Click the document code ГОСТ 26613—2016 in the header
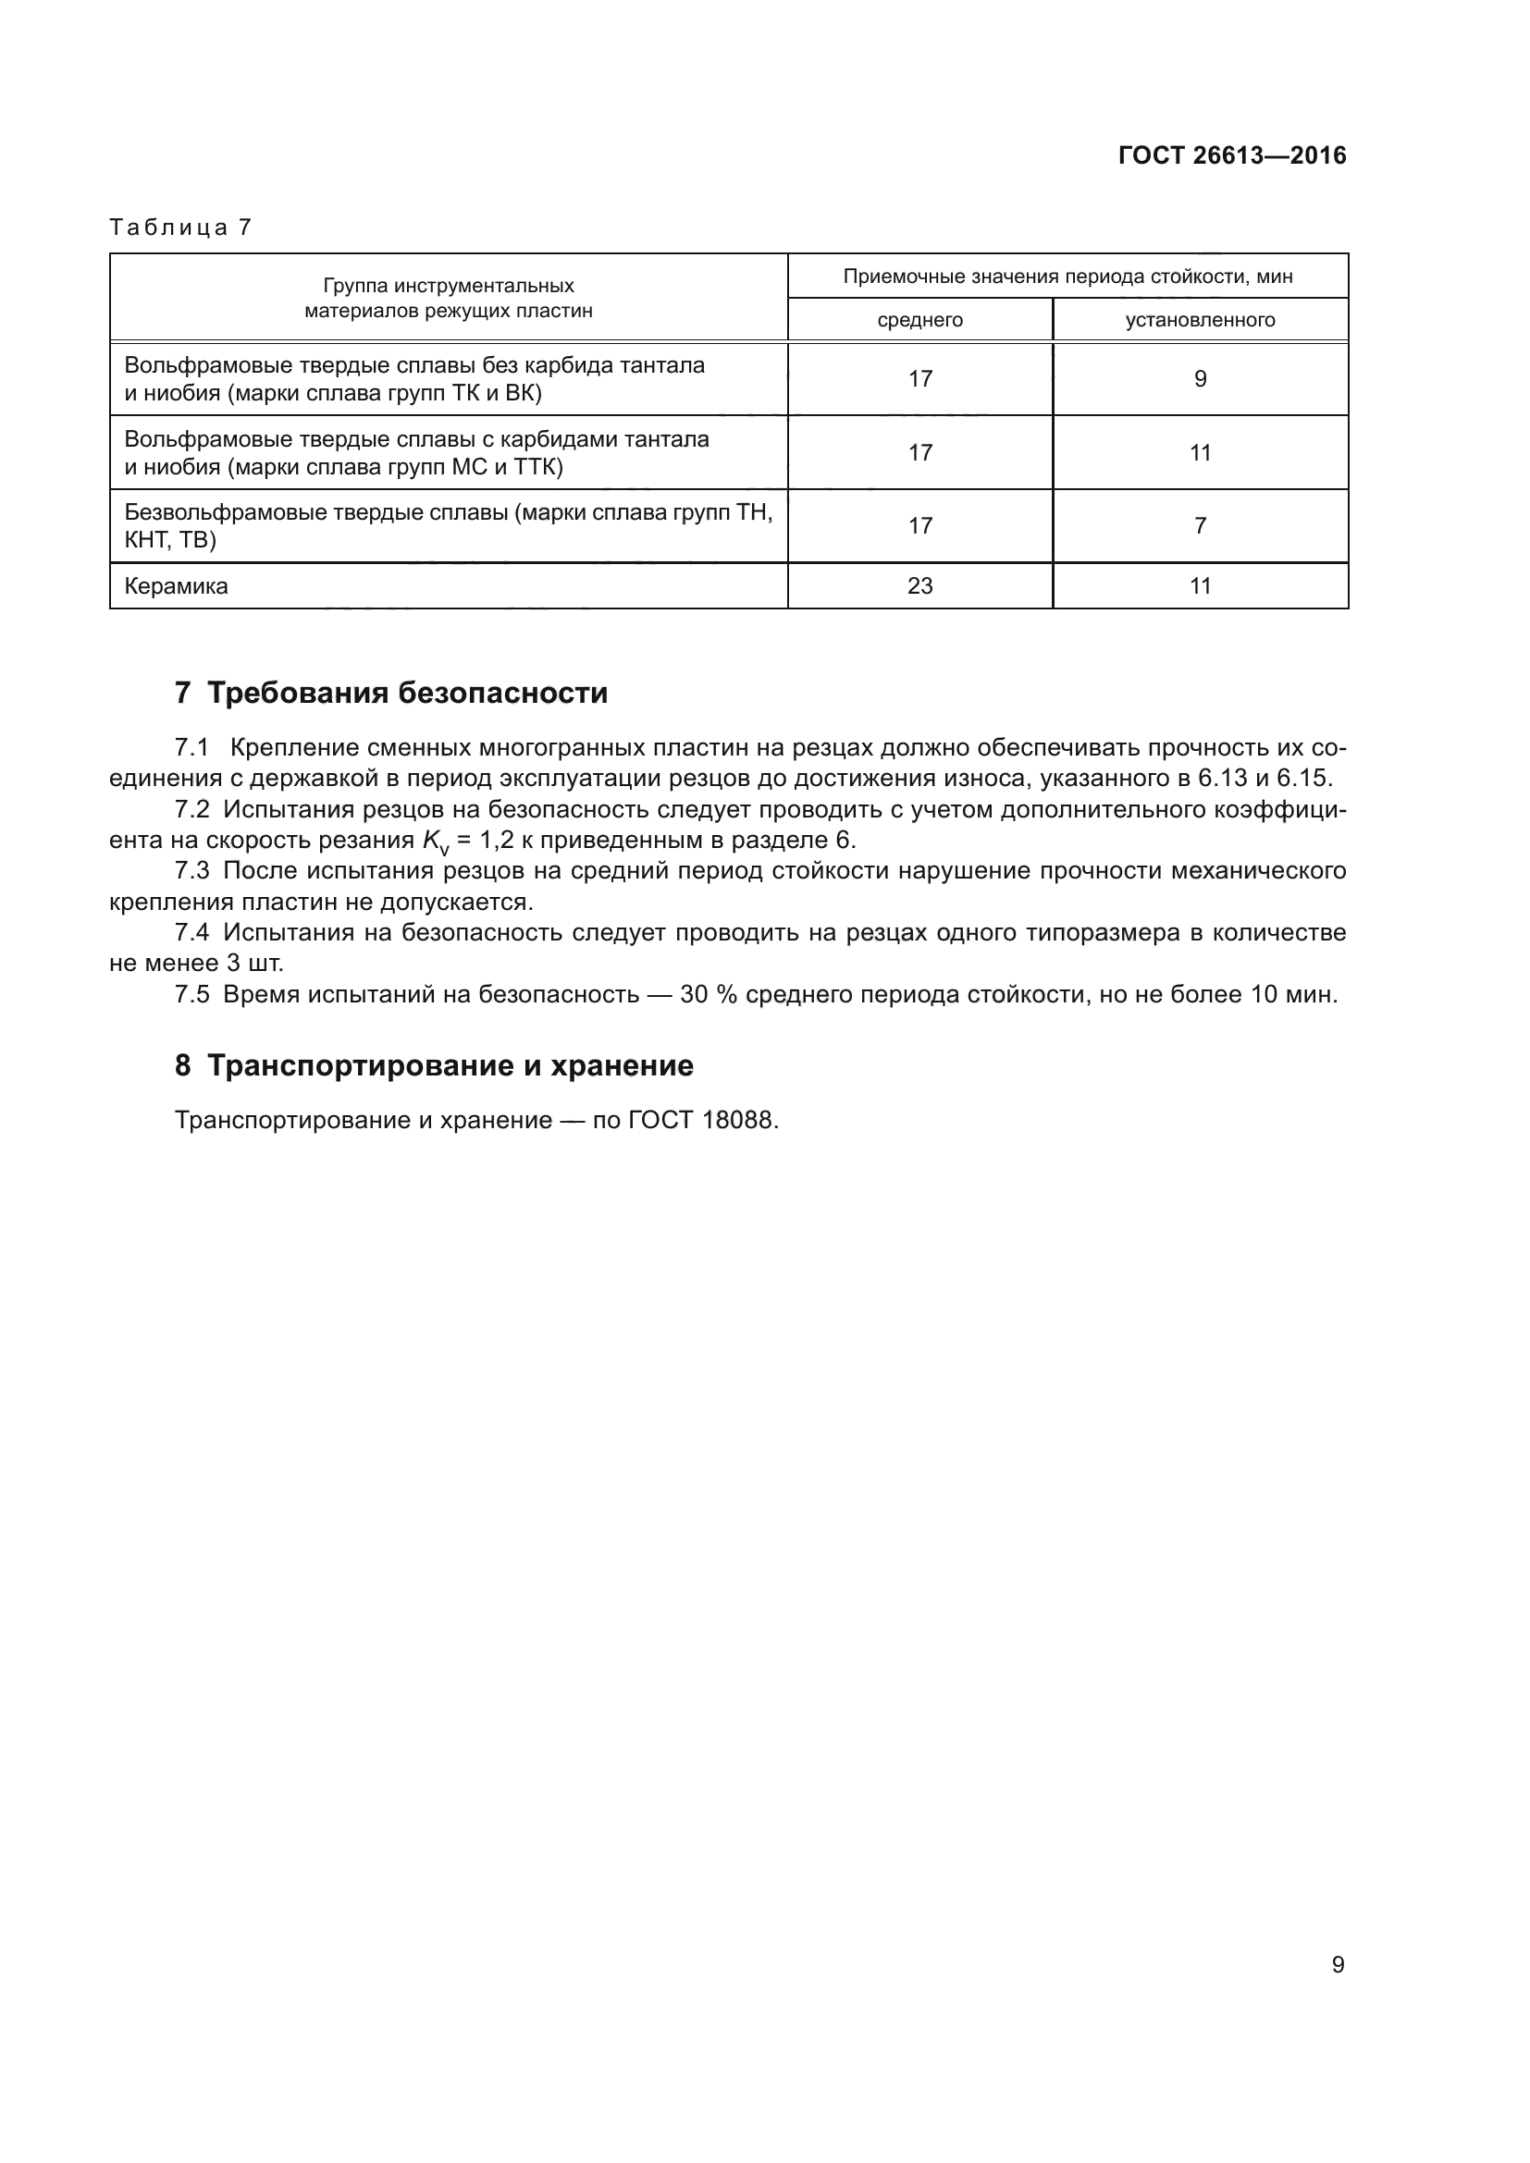(1231, 155)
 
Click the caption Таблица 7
(181, 227)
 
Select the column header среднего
(919, 320)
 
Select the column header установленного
(1200, 320)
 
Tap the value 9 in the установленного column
(1200, 379)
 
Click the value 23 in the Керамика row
(919, 586)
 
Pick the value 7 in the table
(1200, 525)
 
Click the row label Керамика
(176, 586)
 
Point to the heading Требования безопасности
(407, 694)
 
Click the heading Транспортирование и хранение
(450, 1065)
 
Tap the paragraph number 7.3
(192, 870)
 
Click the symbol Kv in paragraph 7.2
(435, 842)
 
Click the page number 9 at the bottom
(1337, 1964)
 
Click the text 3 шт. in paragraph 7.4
(254, 964)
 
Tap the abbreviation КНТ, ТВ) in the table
(170, 540)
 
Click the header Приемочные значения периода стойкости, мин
(1067, 277)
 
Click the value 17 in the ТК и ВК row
(919, 379)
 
